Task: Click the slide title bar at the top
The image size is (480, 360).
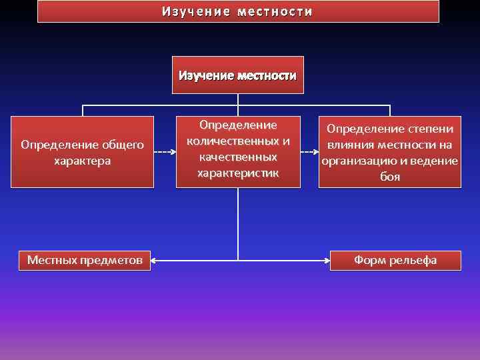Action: coord(238,11)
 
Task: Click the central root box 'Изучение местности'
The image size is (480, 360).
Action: coord(237,75)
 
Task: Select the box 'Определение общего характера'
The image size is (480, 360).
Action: coord(82,152)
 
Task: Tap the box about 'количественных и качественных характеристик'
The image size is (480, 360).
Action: coord(238,150)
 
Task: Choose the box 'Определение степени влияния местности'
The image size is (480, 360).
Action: coord(390,153)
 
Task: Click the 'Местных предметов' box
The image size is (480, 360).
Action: coord(85,260)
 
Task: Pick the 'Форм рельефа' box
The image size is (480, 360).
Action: coord(395,260)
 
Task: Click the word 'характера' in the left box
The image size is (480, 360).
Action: coord(82,161)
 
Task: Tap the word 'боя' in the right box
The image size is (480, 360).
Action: coord(390,177)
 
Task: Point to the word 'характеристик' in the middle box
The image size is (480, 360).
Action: coord(238,173)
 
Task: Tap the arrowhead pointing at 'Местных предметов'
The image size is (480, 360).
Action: coord(155,260)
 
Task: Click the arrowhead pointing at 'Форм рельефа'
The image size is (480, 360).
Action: coord(327,260)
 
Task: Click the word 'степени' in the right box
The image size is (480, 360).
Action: coord(430,129)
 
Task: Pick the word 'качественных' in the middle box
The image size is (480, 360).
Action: coord(238,157)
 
